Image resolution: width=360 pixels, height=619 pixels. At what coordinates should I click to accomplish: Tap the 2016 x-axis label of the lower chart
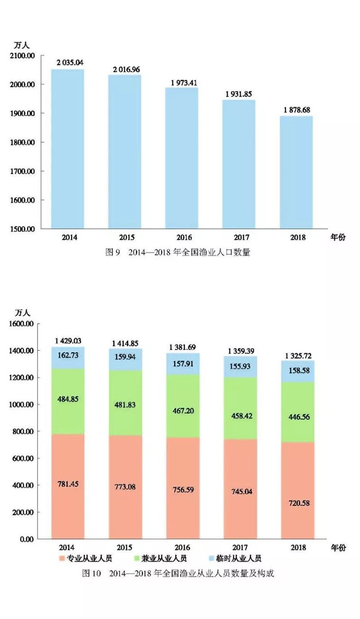pos(183,548)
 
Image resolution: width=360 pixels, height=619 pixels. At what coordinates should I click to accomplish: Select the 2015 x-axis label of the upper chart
pos(125,238)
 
